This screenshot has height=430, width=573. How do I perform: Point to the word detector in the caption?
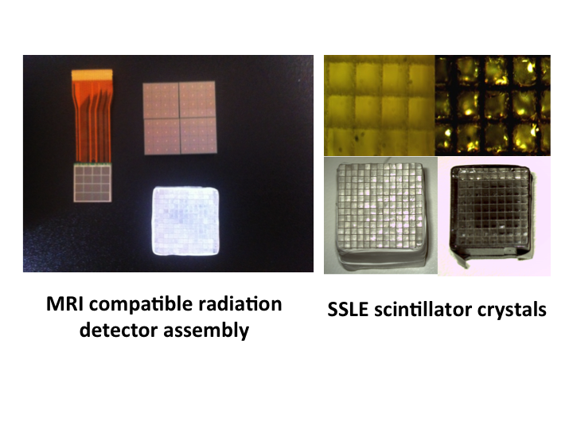pyautogui.click(x=119, y=330)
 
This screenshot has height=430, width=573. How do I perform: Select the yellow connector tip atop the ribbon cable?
pyautogui.click(x=92, y=73)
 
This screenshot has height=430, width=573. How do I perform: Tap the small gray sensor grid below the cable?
pyautogui.click(x=92, y=183)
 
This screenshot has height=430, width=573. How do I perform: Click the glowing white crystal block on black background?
pyautogui.click(x=185, y=221)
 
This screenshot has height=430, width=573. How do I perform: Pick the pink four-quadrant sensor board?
pyautogui.click(x=180, y=118)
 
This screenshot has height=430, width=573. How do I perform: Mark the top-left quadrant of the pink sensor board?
pyautogui.click(x=161, y=100)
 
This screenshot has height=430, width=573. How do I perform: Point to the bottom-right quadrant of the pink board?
pyautogui.click(x=199, y=135)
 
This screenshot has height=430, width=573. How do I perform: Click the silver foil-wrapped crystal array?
pyautogui.click(x=380, y=216)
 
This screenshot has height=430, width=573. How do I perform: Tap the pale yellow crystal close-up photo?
pyautogui.click(x=380, y=105)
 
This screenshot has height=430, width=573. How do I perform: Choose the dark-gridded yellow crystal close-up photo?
pyautogui.click(x=493, y=105)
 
